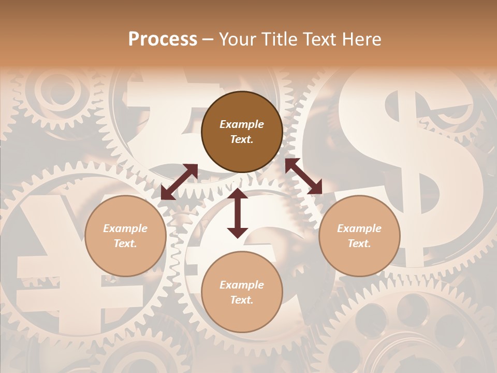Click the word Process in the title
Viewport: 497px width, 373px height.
click(x=163, y=39)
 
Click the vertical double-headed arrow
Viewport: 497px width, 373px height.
click(x=238, y=213)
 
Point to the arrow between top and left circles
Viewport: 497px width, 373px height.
click(x=179, y=182)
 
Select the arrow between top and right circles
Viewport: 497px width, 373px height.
click(x=303, y=176)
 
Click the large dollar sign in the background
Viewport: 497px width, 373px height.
click(x=409, y=155)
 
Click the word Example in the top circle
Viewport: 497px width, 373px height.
click(x=242, y=124)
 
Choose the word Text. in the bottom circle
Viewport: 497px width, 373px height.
click(x=242, y=300)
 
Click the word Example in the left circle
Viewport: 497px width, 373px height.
click(x=125, y=228)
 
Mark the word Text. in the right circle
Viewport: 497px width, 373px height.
click(x=359, y=243)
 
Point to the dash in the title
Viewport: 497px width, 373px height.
click(x=208, y=39)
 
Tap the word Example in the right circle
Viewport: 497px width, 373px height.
click(x=359, y=228)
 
